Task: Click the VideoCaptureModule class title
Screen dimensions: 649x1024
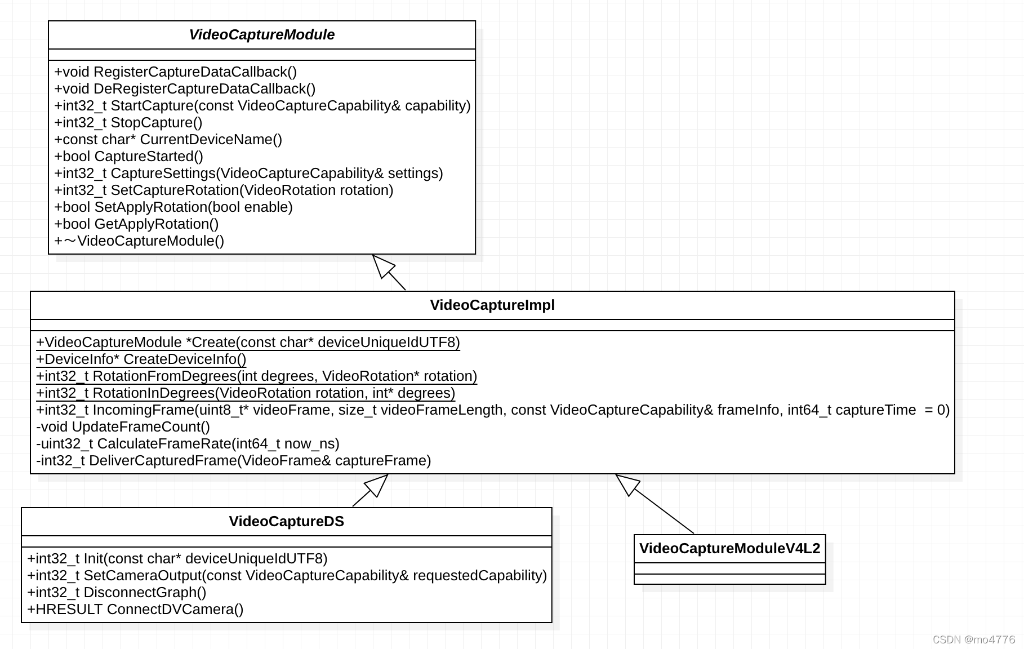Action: coord(261,35)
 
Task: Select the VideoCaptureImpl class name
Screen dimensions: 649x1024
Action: coord(492,305)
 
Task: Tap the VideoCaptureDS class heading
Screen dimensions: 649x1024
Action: coord(286,522)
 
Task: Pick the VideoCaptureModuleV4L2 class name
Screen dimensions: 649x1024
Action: coord(729,549)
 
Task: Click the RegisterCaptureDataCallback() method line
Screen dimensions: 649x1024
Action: coord(175,72)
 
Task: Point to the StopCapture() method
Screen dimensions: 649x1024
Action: coord(128,123)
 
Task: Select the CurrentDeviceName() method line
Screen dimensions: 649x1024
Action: coord(168,140)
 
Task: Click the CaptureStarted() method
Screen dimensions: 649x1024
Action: coord(128,157)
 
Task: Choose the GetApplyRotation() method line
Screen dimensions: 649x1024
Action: coord(136,224)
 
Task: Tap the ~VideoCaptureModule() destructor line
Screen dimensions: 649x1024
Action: coord(139,241)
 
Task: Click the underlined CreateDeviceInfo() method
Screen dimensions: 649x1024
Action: coord(141,359)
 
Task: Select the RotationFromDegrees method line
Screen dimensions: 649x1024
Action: coord(256,376)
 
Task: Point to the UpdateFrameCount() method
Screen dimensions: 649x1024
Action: coord(123,427)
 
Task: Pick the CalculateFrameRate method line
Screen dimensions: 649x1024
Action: coord(188,444)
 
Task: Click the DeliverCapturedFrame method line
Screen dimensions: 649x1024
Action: coord(233,461)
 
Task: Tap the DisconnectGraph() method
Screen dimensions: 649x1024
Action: coord(117,593)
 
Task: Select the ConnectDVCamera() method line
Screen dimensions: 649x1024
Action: coord(135,610)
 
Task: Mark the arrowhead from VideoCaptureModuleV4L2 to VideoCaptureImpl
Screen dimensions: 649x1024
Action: coord(627,484)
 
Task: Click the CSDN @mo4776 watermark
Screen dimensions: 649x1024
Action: coord(973,639)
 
